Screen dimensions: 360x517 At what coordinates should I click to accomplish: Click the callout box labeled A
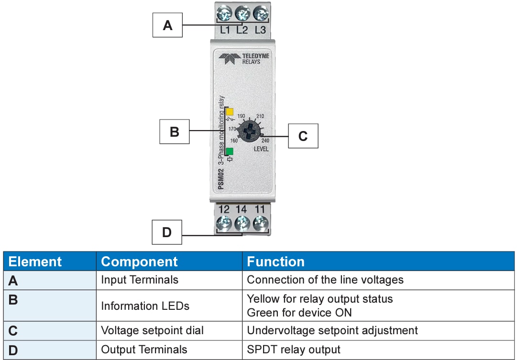167,25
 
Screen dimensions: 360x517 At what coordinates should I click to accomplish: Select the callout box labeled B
174,131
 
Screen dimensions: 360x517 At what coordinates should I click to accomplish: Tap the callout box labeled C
303,136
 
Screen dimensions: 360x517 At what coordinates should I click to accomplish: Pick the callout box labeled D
167,232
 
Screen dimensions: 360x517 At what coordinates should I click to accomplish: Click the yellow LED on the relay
230,112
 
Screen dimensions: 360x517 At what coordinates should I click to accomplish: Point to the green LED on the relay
230,152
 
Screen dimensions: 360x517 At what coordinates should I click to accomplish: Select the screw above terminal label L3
260,13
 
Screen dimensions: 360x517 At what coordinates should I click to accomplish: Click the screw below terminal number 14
242,223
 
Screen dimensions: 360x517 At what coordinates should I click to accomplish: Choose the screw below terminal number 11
260,223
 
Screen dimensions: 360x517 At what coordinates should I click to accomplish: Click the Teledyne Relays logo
244,58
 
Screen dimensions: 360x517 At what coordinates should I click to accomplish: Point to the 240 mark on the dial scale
265,141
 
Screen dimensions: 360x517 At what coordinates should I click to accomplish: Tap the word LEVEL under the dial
261,149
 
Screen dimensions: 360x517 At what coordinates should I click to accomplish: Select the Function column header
275,262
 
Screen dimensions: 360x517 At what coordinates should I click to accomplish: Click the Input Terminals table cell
140,280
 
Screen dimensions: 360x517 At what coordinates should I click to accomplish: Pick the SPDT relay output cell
294,349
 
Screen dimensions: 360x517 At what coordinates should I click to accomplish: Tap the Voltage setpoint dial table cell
152,330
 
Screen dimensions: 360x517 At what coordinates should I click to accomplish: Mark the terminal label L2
242,30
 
